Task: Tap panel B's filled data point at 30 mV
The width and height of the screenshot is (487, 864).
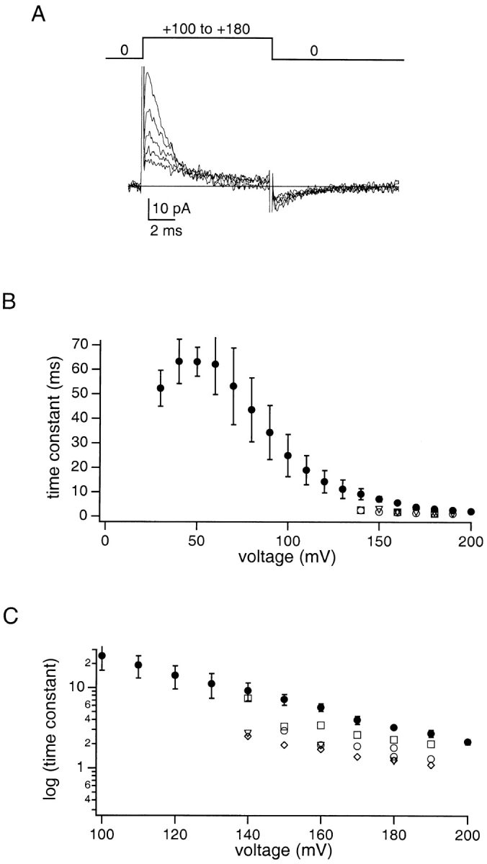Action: (161, 388)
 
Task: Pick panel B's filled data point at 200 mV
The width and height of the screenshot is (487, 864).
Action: (471, 512)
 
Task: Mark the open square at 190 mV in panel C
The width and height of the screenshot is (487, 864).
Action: (431, 744)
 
